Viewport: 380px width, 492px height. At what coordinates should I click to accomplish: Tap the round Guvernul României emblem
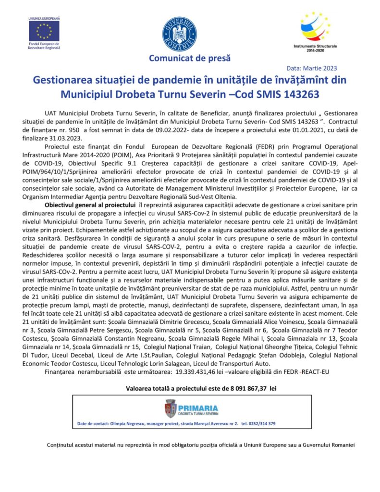(x=180, y=34)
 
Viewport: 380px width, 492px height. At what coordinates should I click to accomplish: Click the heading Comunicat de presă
(x=189, y=58)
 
